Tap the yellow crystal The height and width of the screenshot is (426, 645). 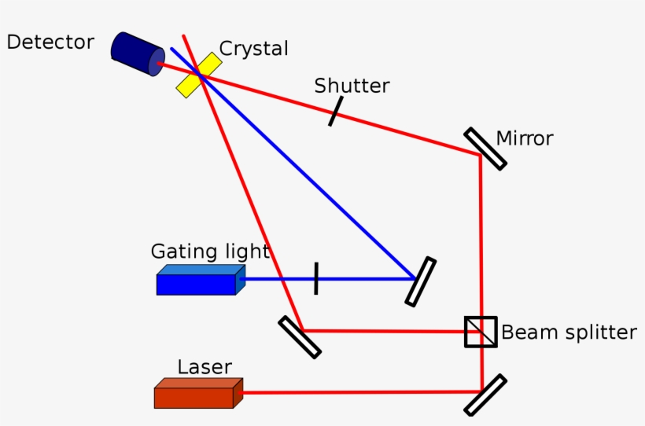[x=197, y=75]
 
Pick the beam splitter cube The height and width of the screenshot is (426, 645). [x=481, y=332]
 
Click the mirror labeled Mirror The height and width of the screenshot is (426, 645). [x=485, y=148]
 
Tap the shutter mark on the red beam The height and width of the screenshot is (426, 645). [x=335, y=112]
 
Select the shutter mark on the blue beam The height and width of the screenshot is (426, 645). [x=315, y=278]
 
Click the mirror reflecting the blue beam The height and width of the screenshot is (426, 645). [x=421, y=281]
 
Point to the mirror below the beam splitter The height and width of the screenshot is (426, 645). [x=485, y=395]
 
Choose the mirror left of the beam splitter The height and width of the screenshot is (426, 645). [x=300, y=336]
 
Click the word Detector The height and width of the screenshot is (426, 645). [x=50, y=42]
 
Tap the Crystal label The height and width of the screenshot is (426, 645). [x=253, y=49]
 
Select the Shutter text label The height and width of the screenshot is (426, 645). [x=352, y=86]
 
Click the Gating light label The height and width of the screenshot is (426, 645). [x=210, y=252]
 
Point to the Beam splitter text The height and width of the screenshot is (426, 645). [x=569, y=332]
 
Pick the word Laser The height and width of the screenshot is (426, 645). [x=204, y=367]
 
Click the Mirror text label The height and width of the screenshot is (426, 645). [x=525, y=139]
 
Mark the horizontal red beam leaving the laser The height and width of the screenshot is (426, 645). [x=354, y=391]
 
